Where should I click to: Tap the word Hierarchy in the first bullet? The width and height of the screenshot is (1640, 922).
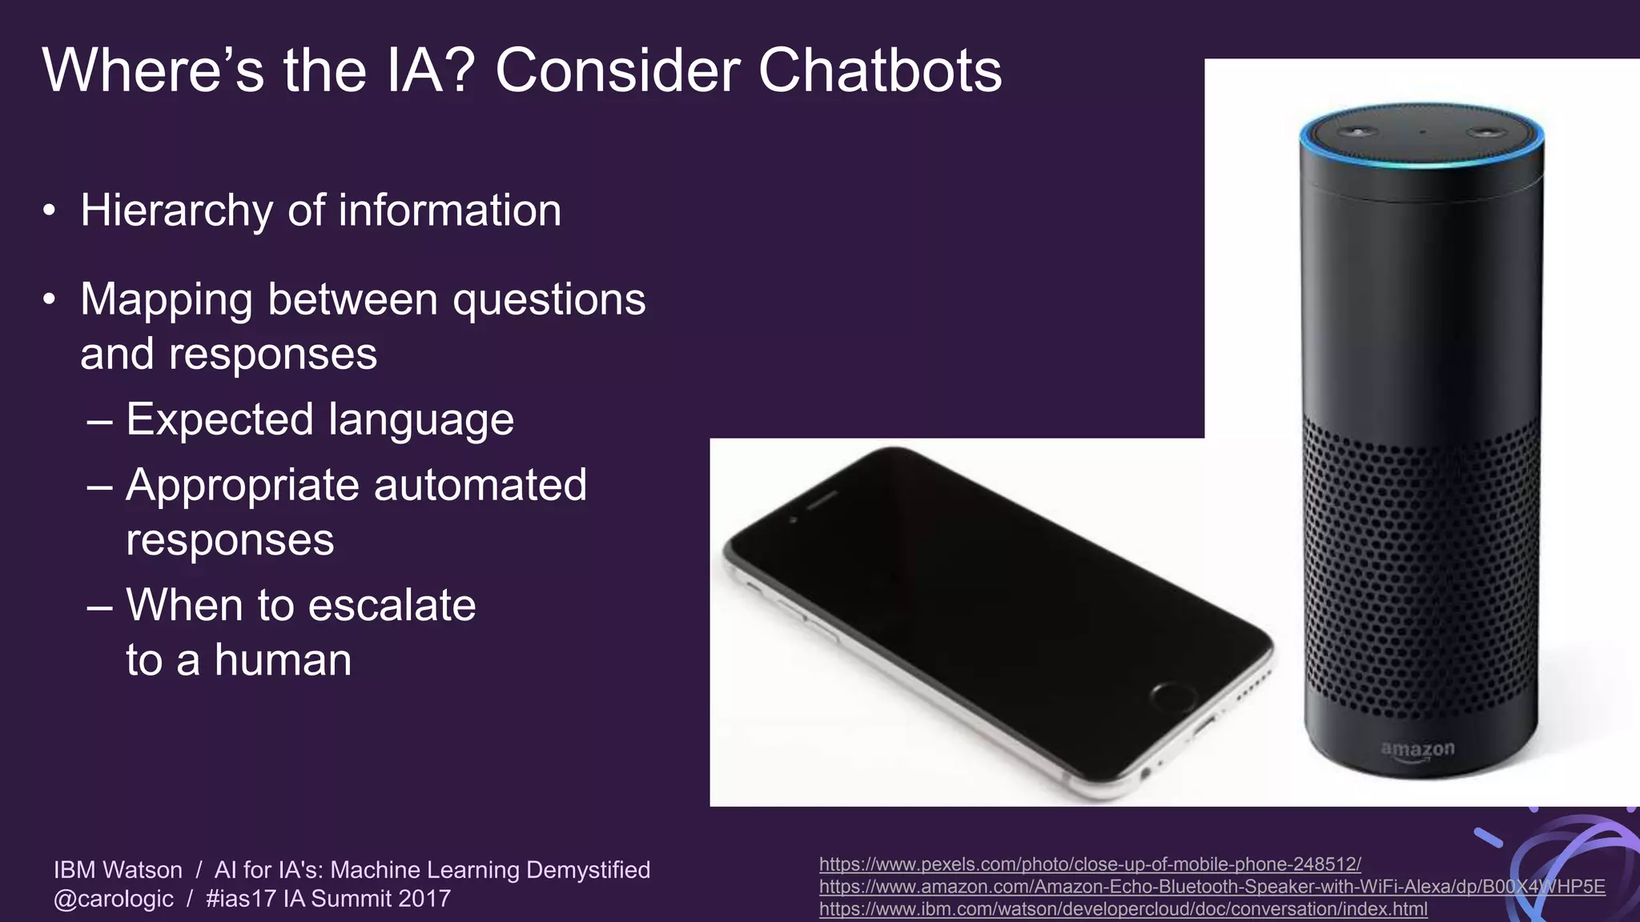[176, 211]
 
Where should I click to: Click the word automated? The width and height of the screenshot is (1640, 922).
[480, 485]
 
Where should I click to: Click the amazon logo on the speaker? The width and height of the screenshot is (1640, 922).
[1417, 750]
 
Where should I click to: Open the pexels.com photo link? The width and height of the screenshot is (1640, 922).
[1090, 864]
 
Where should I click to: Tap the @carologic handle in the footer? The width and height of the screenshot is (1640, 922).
[114, 899]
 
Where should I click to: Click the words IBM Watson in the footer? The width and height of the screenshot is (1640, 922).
[118, 870]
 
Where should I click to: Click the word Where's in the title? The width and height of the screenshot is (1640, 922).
[153, 70]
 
